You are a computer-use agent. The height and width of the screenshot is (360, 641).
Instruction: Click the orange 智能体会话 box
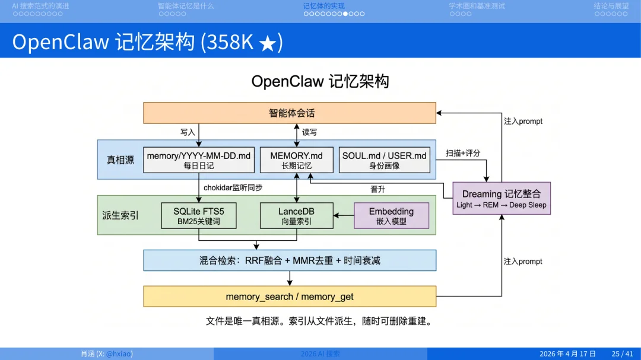[x=290, y=113]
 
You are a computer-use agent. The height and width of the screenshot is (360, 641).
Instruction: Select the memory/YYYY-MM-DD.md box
[x=198, y=160]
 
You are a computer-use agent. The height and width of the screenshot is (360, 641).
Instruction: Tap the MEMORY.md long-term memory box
[x=296, y=160]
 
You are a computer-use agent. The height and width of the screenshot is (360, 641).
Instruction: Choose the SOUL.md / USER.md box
[x=384, y=160]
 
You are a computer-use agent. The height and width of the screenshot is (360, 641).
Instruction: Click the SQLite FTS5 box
[x=198, y=216]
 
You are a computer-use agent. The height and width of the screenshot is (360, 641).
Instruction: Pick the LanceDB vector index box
[x=296, y=216]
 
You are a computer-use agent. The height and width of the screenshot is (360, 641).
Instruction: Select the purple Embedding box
[x=391, y=216]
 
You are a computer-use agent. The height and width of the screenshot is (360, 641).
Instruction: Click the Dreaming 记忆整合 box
[x=502, y=198]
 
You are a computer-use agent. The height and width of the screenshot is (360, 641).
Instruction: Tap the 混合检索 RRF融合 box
[x=290, y=260]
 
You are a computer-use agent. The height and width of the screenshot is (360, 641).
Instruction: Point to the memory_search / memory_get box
[x=290, y=296]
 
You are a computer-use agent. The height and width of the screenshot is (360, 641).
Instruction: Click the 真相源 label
[x=120, y=160]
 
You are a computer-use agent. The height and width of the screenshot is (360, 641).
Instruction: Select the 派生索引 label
[x=120, y=215]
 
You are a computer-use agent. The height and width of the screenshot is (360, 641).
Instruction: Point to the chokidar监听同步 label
[x=233, y=187]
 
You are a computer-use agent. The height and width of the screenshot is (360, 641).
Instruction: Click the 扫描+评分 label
[x=463, y=153]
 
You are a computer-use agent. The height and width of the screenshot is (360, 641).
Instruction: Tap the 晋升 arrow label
[x=379, y=189]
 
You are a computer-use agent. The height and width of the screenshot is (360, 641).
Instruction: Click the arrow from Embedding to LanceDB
[x=343, y=216]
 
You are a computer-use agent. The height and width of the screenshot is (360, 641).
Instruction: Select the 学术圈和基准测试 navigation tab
[x=477, y=6]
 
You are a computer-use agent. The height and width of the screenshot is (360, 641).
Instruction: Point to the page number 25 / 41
[x=623, y=353]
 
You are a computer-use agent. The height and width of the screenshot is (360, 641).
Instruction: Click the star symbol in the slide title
[x=268, y=43]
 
